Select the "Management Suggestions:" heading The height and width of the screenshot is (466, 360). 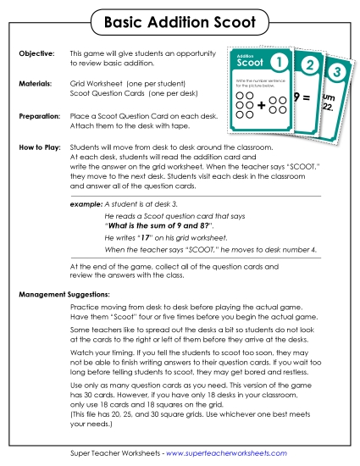64,294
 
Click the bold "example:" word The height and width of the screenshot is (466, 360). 86,205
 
